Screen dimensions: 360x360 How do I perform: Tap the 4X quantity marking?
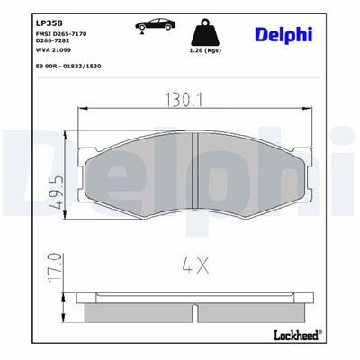pos(197,265)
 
